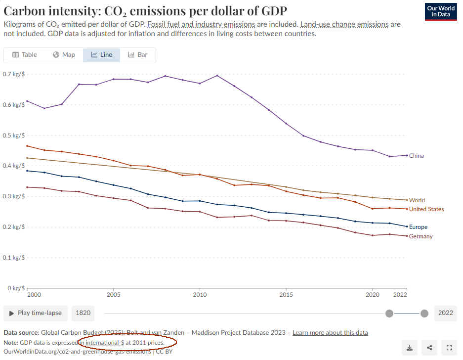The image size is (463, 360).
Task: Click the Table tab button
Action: (x=25, y=55)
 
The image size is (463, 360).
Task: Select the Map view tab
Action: (x=64, y=55)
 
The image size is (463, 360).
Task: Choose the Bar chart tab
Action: (x=138, y=55)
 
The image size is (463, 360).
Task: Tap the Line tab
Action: (x=101, y=55)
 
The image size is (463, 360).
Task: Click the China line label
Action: (x=416, y=156)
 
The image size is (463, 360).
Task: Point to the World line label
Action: (x=417, y=200)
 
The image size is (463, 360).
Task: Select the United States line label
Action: (x=426, y=209)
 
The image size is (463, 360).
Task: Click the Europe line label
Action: (x=418, y=227)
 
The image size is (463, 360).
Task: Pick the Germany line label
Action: (x=421, y=236)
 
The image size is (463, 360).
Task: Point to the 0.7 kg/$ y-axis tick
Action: (x=14, y=74)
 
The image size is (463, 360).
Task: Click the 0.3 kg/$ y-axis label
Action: (x=14, y=196)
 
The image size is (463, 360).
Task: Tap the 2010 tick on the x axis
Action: (x=200, y=294)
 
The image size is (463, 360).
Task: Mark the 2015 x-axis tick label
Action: (x=286, y=294)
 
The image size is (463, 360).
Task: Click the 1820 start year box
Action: (x=82, y=313)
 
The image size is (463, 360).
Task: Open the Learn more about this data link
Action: (x=330, y=332)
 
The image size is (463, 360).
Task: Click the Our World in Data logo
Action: (x=440, y=11)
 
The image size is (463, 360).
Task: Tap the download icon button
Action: (x=410, y=348)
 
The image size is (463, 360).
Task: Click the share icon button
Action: (x=429, y=348)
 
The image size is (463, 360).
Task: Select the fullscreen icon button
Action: (x=449, y=348)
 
